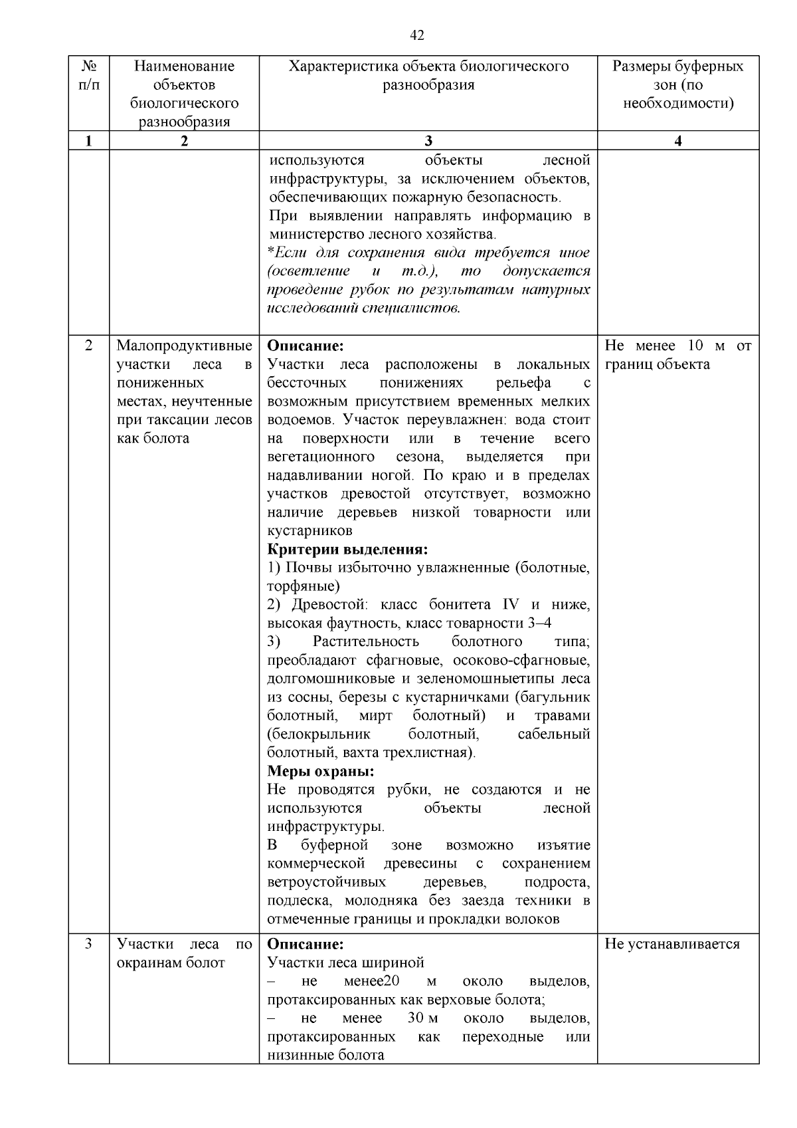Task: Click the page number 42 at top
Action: click(418, 35)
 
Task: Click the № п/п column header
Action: click(88, 76)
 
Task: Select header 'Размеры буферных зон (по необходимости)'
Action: click(677, 85)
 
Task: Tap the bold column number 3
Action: click(428, 141)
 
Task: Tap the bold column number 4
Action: click(677, 141)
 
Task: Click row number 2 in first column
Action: click(88, 346)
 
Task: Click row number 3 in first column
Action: click(88, 944)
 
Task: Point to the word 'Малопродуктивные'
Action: click(184, 346)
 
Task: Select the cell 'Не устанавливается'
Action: click(671, 944)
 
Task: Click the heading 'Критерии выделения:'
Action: click(347, 549)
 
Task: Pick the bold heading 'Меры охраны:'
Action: click(320, 771)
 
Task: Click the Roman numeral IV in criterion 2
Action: click(510, 605)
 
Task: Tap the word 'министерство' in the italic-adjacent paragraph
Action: click(311, 235)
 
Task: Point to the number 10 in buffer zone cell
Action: click(695, 346)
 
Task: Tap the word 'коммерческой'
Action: click(315, 863)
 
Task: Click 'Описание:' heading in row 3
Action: click(305, 944)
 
